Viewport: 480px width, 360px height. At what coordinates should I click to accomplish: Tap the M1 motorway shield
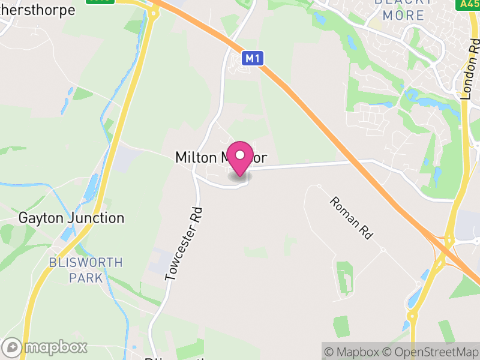253,58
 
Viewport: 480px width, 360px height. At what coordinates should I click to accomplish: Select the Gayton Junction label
71,218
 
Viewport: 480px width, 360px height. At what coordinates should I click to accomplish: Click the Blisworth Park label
86,270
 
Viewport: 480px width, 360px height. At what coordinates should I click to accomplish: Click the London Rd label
471,66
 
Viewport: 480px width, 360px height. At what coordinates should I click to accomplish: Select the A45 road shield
469,4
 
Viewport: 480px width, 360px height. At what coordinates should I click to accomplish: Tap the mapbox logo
46,347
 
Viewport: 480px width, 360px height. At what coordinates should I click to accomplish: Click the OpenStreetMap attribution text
433,352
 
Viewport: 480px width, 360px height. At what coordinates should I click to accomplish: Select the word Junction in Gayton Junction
96,218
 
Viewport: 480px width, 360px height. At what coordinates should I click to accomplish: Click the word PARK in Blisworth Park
86,278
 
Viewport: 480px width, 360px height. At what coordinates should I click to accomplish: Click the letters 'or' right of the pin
259,157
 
